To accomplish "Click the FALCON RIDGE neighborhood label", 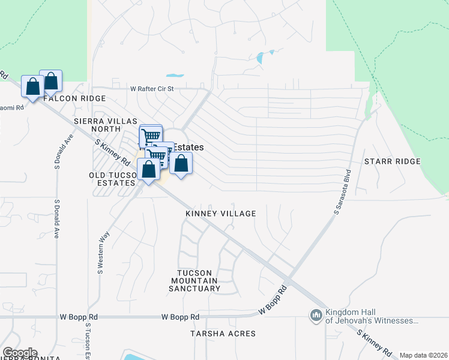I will [x=74, y=98].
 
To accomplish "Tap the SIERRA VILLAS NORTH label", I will [x=106, y=125].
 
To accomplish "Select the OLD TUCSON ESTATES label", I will [x=112, y=179].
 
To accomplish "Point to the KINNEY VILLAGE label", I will [x=221, y=214].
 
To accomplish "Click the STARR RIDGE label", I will [x=392, y=162].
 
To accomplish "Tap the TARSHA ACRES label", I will [x=223, y=334].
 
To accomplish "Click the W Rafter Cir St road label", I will [x=152, y=89].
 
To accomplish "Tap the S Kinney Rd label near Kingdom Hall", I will [x=375, y=342].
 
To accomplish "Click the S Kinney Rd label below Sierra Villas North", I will [x=113, y=151].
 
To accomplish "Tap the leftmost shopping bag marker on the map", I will [x=32, y=86].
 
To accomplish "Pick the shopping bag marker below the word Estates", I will [x=181, y=163].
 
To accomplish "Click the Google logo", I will [x=20, y=353].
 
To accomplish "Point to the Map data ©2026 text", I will [x=423, y=355].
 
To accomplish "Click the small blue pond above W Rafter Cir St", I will [x=175, y=76].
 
